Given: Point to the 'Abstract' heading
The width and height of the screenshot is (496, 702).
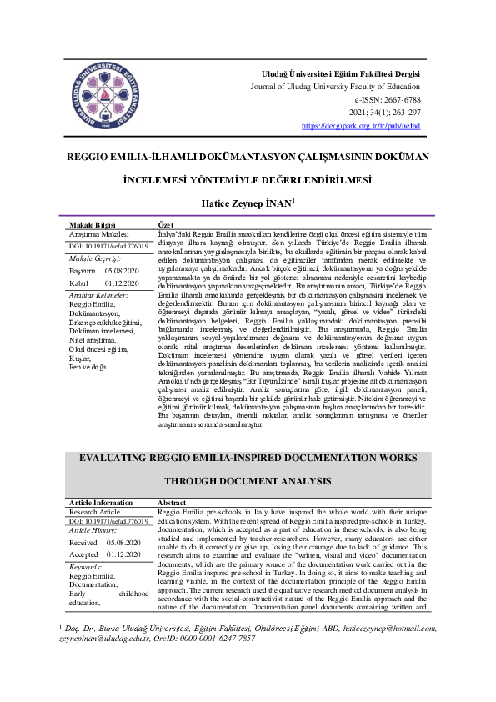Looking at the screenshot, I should pyautogui.click(x=172, y=504).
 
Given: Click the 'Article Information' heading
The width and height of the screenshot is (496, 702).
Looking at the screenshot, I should pyautogui.click(x=101, y=504).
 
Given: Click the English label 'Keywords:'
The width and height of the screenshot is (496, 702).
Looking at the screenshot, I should pyautogui.click(x=87, y=566).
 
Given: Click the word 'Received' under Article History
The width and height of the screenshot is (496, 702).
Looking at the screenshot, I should pyautogui.click(x=83, y=542).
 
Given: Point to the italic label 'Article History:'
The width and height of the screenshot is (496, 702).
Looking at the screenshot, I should pyautogui.click(x=93, y=529).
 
